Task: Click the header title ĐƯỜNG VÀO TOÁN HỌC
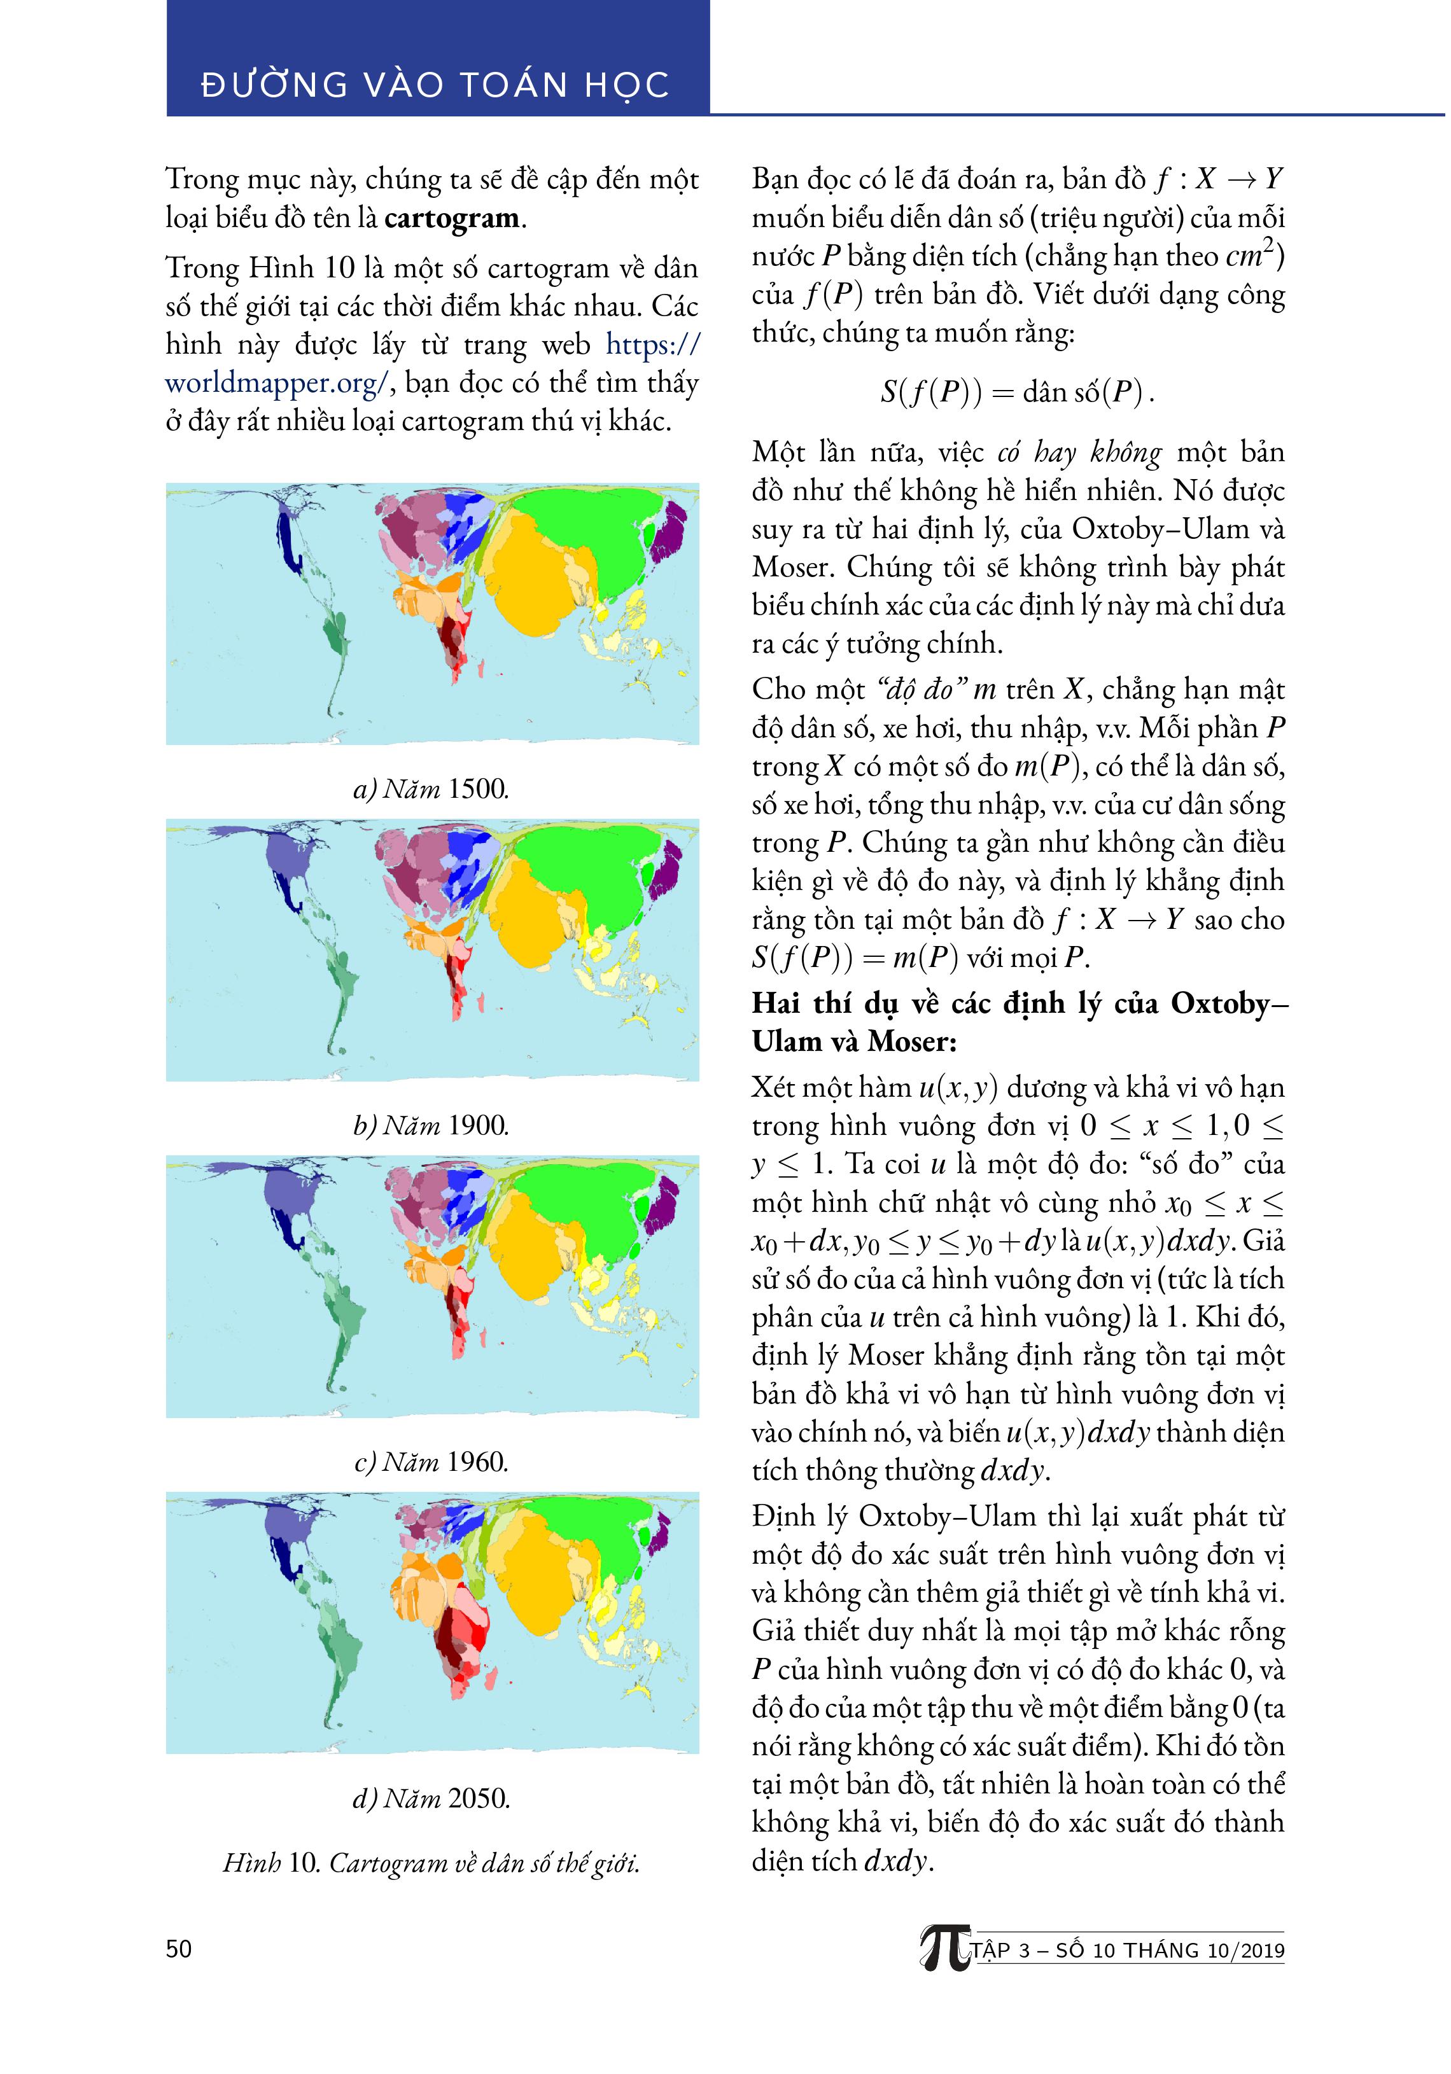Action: (x=435, y=85)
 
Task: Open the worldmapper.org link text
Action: (x=276, y=383)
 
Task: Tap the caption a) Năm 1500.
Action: (x=431, y=789)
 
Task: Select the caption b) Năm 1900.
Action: (x=431, y=1125)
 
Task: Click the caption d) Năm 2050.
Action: (x=431, y=1798)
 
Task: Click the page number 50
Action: (x=179, y=1949)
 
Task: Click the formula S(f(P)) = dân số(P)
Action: (x=1018, y=392)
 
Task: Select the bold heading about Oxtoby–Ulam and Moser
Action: (x=1018, y=1022)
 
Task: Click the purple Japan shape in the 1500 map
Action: (x=669, y=531)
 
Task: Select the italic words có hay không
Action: (x=1079, y=452)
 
